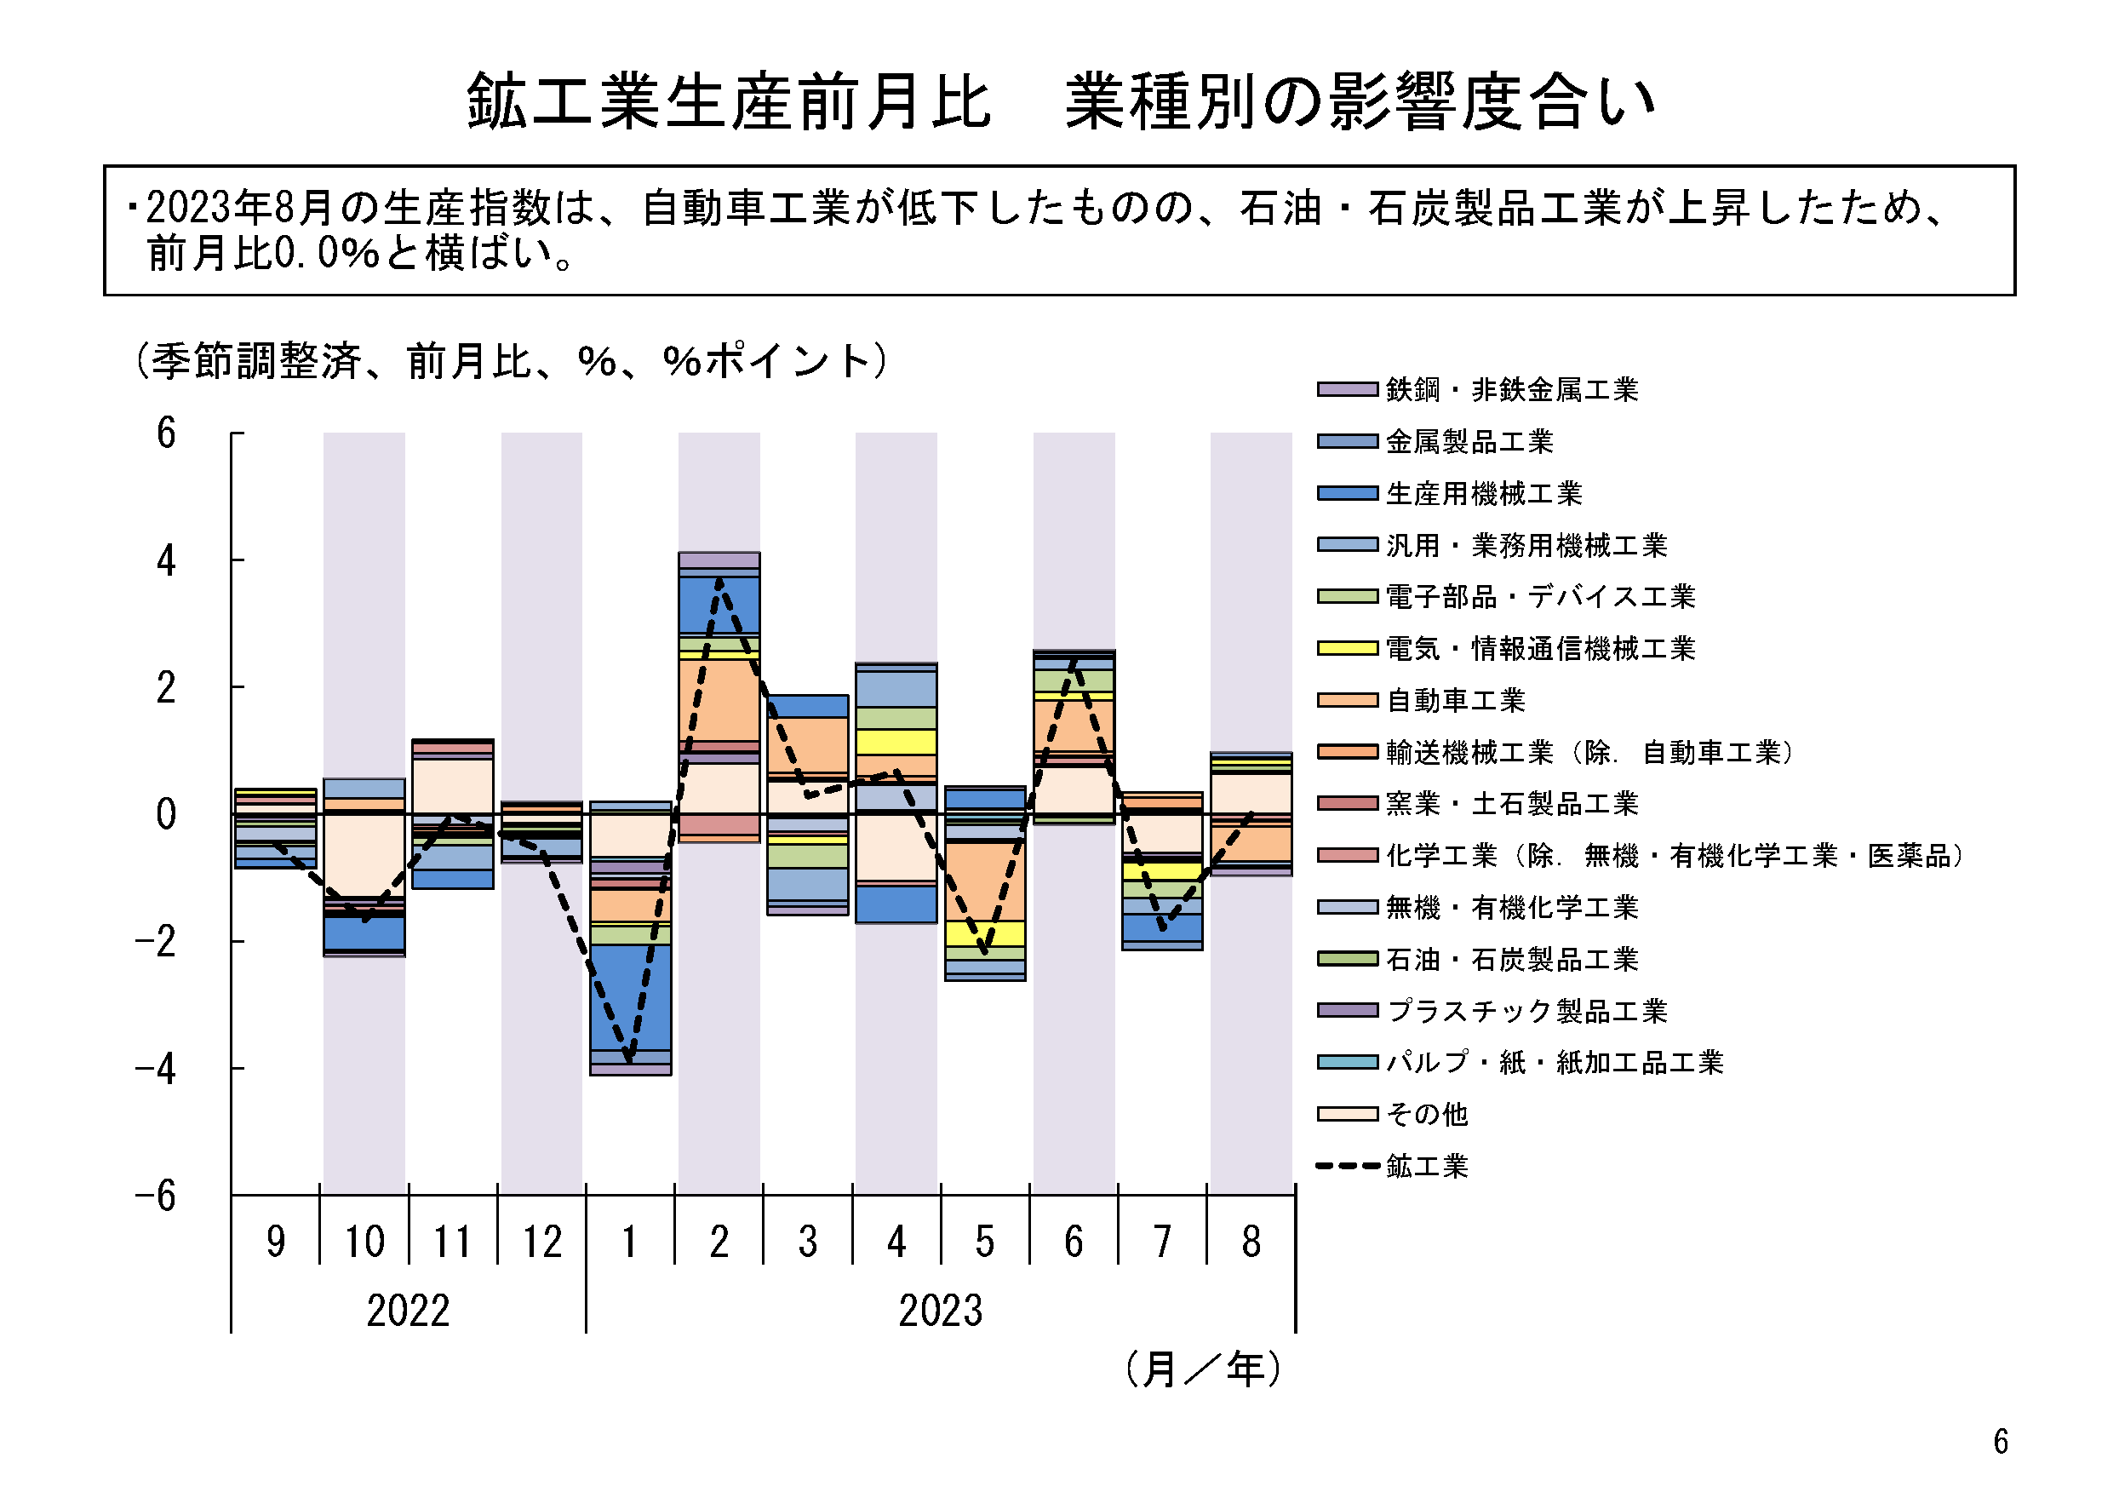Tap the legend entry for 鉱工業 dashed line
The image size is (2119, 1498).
(1426, 1167)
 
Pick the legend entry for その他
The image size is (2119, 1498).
(1426, 1115)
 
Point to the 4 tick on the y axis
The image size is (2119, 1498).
(166, 561)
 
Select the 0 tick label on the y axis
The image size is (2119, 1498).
(166, 815)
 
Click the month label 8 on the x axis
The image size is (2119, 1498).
(1251, 1243)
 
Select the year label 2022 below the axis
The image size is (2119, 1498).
(408, 1311)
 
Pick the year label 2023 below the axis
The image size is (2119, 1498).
(941, 1311)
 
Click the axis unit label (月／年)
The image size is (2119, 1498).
(1203, 1369)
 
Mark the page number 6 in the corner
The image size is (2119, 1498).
(2001, 1442)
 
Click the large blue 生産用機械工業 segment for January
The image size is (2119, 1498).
(630, 996)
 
